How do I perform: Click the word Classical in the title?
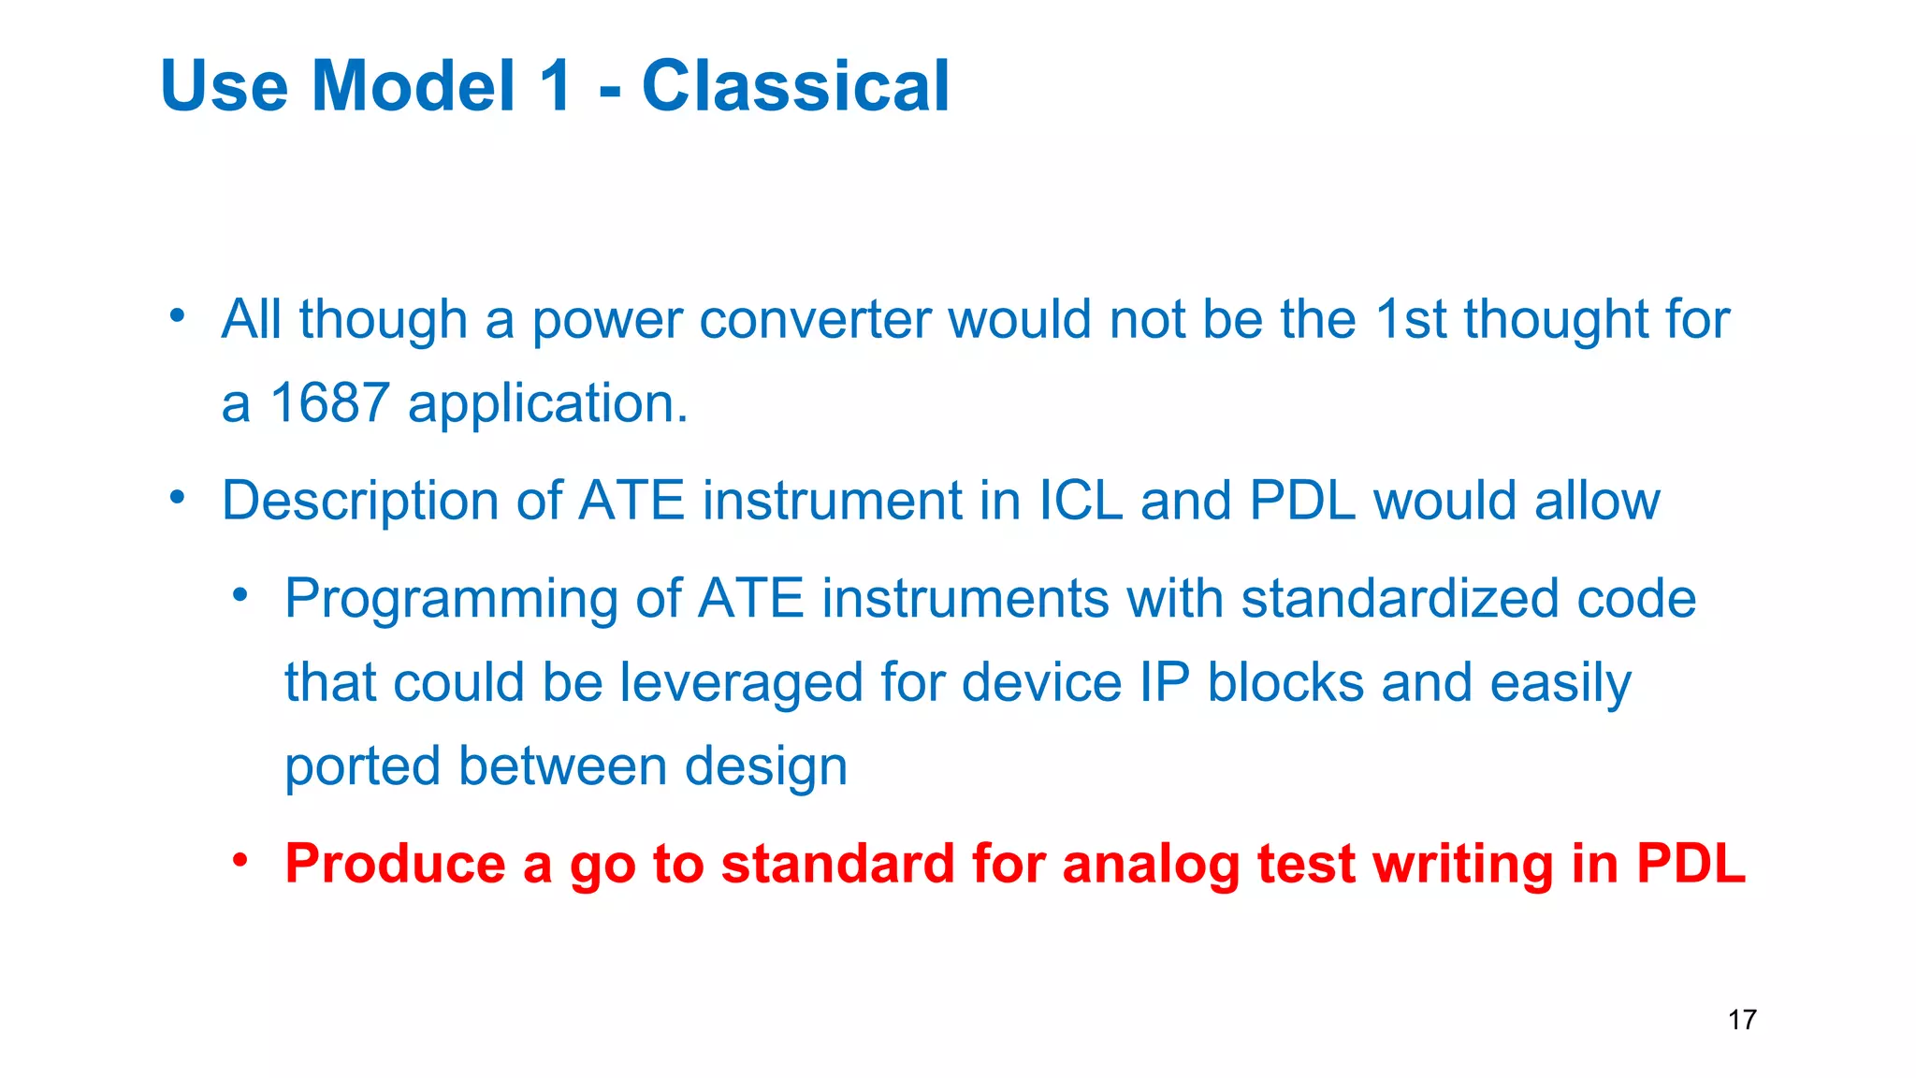pyautogui.click(x=795, y=86)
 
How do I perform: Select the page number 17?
pyautogui.click(x=1742, y=1019)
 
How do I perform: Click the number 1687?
pyautogui.click(x=329, y=403)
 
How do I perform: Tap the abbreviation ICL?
pyautogui.click(x=1081, y=501)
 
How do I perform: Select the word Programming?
pyautogui.click(x=451, y=600)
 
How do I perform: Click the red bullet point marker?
pyautogui.click(x=241, y=859)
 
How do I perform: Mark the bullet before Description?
pyautogui.click(x=178, y=497)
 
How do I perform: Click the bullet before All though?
pyautogui.click(x=178, y=315)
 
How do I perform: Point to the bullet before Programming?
pyautogui.click(x=241, y=595)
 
